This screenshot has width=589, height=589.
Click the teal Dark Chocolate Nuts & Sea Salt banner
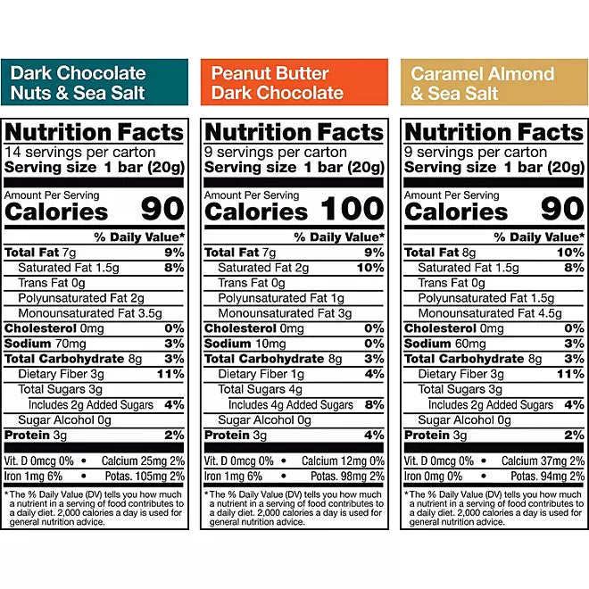click(95, 82)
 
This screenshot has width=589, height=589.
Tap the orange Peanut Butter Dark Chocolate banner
click(294, 82)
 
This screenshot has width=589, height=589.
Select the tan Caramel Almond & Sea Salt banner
click(494, 82)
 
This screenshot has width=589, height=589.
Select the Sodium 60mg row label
click(440, 344)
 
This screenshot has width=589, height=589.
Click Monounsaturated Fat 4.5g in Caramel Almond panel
click(492, 313)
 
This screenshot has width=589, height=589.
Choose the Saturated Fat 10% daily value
click(369, 268)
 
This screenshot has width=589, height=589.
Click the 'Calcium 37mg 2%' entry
click(543, 461)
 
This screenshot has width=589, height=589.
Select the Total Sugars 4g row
click(253, 389)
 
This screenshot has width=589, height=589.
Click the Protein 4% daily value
click(375, 435)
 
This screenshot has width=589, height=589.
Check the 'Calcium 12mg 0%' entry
click(343, 461)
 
